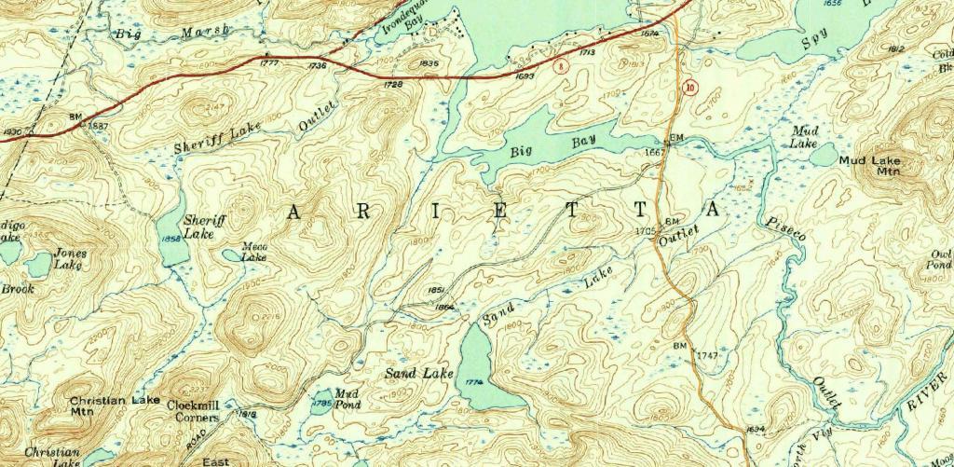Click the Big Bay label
pos(552,146)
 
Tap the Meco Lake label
pos(254,252)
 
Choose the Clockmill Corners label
pos(193,411)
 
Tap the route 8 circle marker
pos(559,66)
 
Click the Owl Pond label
pos(941,258)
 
